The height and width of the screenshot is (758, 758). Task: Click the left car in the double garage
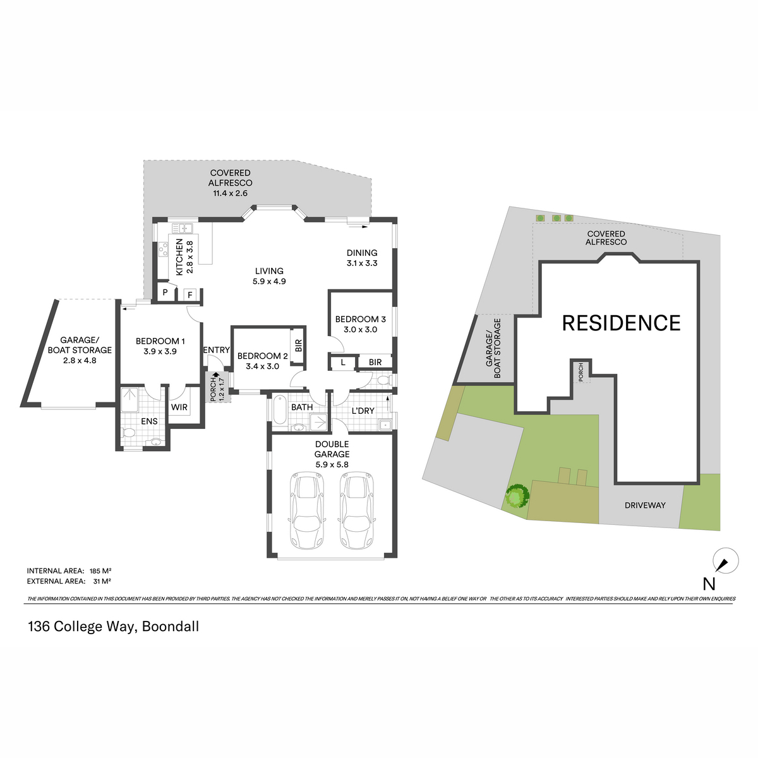click(x=307, y=510)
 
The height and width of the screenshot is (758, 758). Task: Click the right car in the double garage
click(x=357, y=510)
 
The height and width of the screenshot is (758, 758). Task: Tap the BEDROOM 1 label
click(x=160, y=341)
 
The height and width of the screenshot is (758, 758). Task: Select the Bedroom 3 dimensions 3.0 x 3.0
click(x=360, y=330)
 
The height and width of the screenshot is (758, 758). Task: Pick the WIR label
click(x=179, y=407)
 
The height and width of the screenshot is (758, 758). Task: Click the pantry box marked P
click(x=165, y=292)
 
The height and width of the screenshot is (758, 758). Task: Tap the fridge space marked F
click(x=189, y=294)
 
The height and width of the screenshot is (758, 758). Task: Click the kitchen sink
click(x=182, y=228)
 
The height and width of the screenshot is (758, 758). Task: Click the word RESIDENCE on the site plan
click(x=621, y=323)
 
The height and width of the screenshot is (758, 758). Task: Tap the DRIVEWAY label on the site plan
click(x=645, y=505)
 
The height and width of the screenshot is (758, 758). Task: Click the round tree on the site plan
click(x=517, y=496)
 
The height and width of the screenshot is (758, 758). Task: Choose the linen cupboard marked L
click(x=343, y=363)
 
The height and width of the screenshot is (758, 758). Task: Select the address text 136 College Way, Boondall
click(x=113, y=626)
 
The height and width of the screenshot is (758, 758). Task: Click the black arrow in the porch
click(x=215, y=376)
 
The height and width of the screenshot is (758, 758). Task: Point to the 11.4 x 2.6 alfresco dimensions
click(x=230, y=193)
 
